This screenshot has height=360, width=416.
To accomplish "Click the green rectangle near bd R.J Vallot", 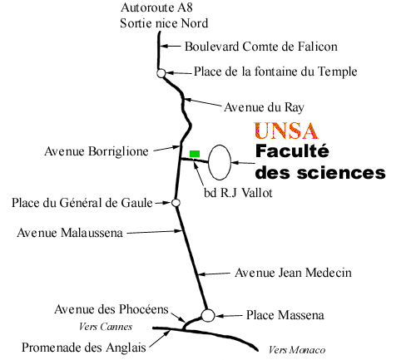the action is point(195,154).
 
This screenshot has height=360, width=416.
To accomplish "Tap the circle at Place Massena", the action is point(208,315).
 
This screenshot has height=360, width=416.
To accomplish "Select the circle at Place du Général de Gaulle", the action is point(176,203).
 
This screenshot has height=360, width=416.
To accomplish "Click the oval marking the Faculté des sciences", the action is point(209,162).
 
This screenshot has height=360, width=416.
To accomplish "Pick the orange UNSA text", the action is point(286,131).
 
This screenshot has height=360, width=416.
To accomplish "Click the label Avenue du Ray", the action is point(264,107).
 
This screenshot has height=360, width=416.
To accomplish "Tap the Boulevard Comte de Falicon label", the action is point(261,47).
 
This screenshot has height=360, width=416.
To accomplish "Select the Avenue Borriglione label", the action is point(97,151).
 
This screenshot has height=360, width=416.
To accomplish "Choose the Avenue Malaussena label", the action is point(70,233).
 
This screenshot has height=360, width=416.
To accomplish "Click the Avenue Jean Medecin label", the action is point(293,273).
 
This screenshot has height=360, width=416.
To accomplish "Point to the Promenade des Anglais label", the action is point(84,348).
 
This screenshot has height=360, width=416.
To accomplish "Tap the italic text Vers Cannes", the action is point(106,327).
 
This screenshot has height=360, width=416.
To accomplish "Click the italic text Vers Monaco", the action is point(297,350).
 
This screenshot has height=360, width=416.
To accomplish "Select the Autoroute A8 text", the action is point(156,7).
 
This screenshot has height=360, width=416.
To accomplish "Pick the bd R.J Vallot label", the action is point(238,193).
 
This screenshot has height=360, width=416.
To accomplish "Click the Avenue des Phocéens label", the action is point(111,309).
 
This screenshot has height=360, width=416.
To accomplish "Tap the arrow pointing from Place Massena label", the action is point(229,316).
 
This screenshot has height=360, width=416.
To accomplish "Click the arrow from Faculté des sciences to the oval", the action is point(243,163).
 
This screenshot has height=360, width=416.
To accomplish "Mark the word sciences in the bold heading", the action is point(341,173).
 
